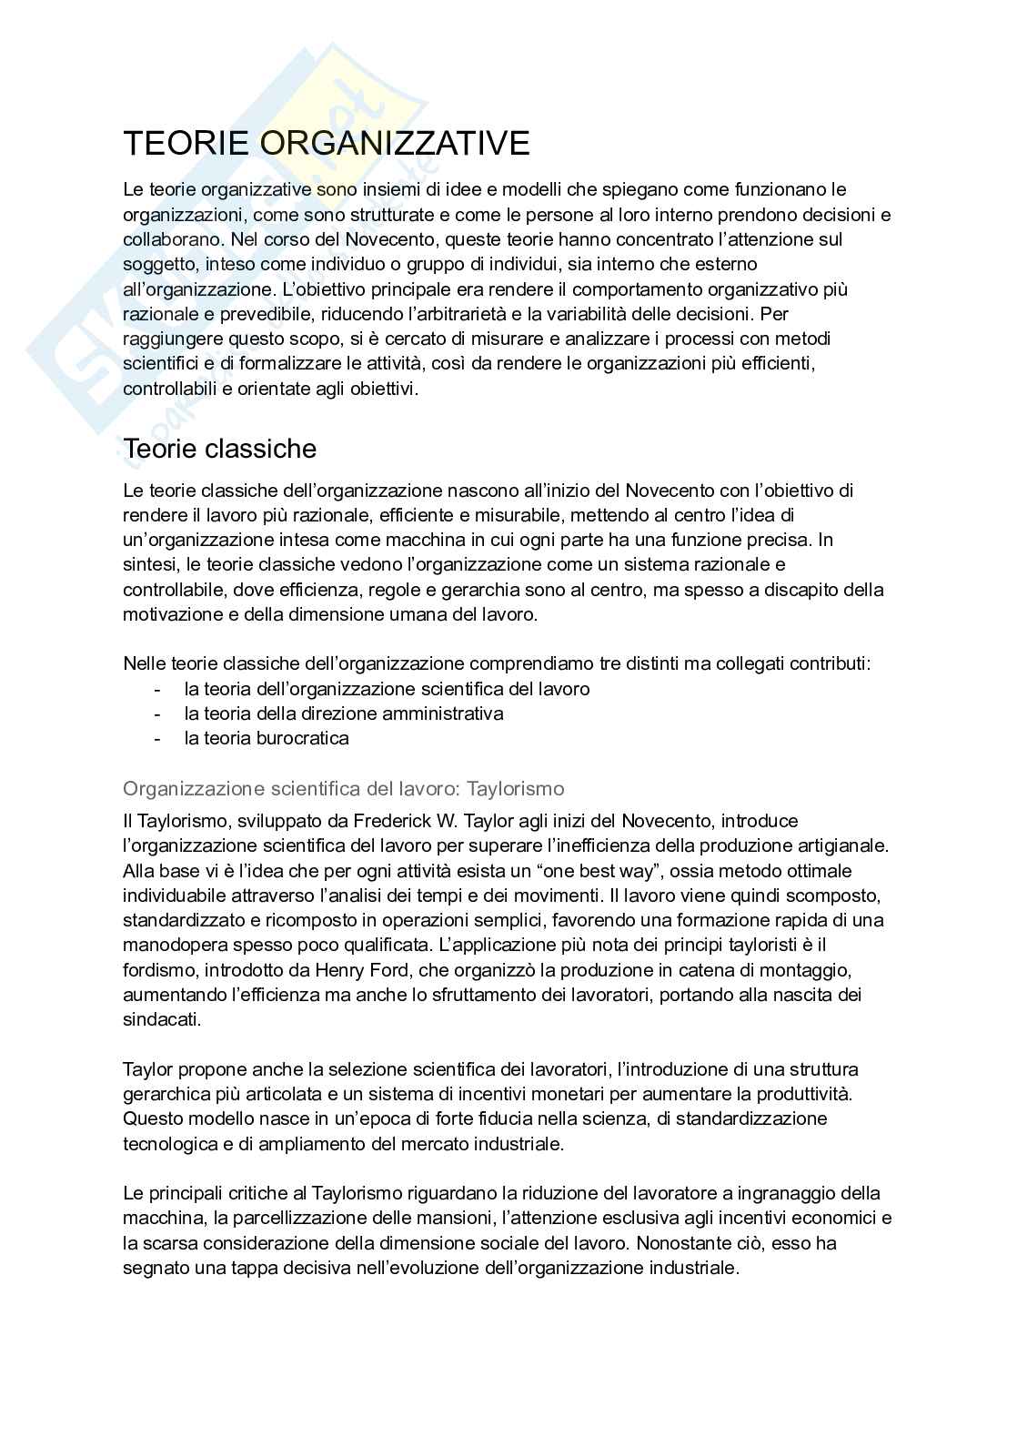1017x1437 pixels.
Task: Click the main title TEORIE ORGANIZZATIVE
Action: point(326,144)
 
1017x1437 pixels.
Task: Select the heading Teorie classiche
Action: point(219,449)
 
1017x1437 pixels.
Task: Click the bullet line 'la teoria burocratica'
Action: point(266,738)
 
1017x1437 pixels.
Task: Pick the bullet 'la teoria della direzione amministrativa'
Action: point(343,713)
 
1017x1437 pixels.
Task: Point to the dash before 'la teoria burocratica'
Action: point(158,738)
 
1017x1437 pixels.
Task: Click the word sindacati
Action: point(162,1019)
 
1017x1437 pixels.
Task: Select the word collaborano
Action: point(172,239)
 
